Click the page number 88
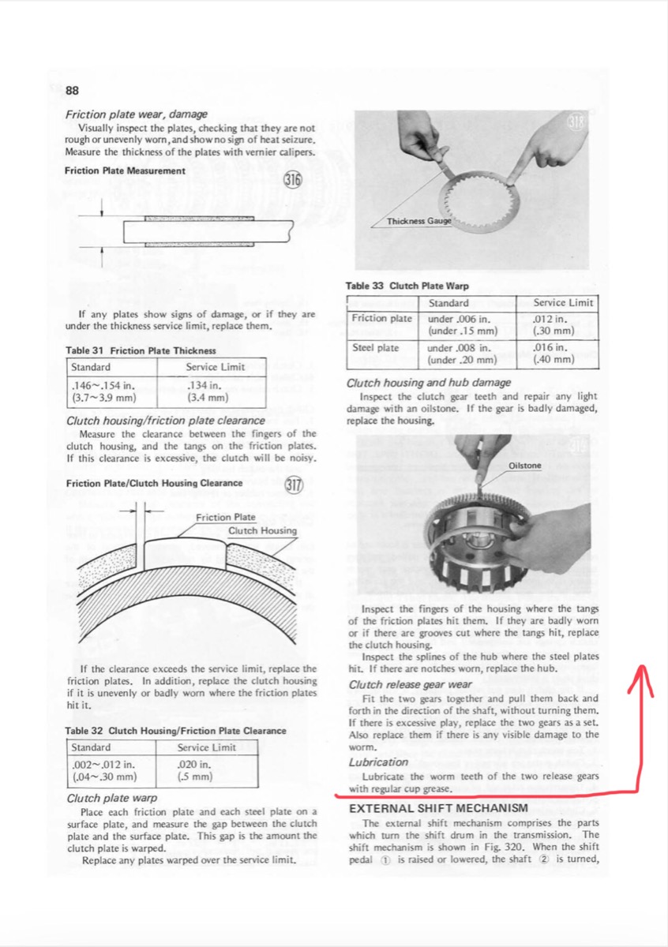click(x=73, y=89)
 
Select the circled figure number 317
click(x=294, y=484)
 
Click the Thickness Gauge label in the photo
click(x=418, y=221)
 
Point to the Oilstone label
click(x=525, y=466)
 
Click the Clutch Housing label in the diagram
click(x=262, y=531)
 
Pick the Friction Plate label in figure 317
click(x=226, y=517)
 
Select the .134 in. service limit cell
click(x=207, y=391)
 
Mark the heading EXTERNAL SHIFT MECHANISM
click(x=438, y=807)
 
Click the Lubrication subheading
click(x=378, y=762)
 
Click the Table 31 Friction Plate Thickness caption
click(x=141, y=350)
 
